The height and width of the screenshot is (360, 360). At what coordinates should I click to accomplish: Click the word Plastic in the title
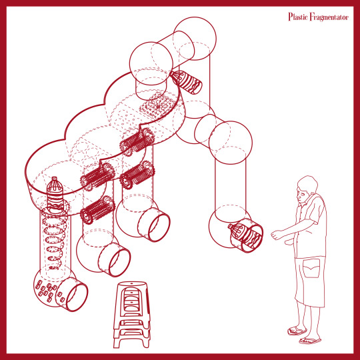pyautogui.click(x=298, y=17)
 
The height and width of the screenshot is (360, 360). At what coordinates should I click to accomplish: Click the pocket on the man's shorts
pyautogui.click(x=311, y=268)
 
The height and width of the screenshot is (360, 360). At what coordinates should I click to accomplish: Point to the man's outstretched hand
pyautogui.click(x=277, y=235)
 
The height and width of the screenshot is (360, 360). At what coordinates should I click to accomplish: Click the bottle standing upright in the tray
pyautogui.click(x=55, y=195)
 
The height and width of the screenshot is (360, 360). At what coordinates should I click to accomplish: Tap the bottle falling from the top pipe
pyautogui.click(x=186, y=82)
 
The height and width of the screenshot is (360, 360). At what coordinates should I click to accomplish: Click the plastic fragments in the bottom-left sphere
pyautogui.click(x=48, y=291)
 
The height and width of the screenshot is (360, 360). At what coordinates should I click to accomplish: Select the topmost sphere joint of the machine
pyautogui.click(x=195, y=39)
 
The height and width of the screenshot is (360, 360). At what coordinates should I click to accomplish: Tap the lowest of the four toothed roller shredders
pyautogui.click(x=97, y=210)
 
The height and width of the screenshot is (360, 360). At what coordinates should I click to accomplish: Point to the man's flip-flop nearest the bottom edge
pyautogui.click(x=309, y=341)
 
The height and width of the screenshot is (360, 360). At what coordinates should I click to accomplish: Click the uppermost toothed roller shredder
pyautogui.click(x=137, y=142)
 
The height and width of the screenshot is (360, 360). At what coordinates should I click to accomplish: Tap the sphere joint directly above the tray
pyautogui.click(x=151, y=63)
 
